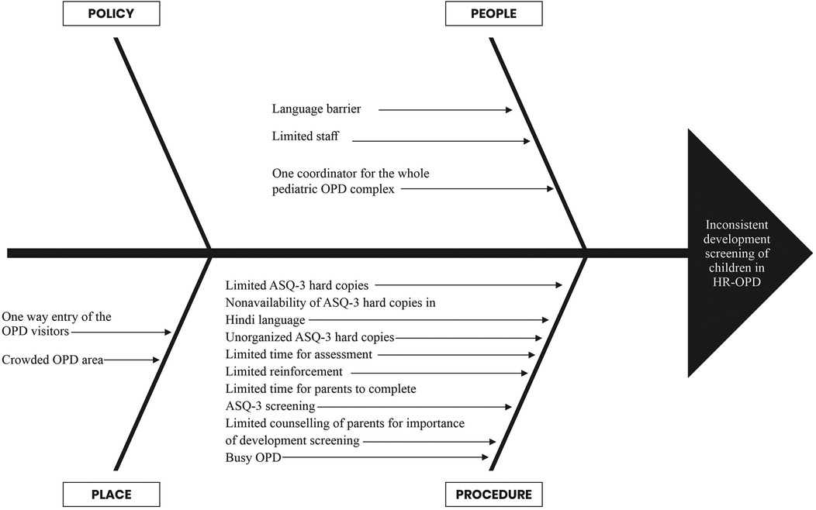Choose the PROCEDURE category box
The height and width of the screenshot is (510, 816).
pyautogui.click(x=493, y=494)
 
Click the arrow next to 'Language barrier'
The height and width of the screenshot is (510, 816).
pyautogui.click(x=445, y=111)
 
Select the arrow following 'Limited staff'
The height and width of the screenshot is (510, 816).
pyautogui.click(x=440, y=141)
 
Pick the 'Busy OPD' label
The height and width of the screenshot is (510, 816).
pyautogui.click(x=253, y=459)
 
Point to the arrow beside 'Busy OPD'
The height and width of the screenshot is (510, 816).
pyautogui.click(x=385, y=459)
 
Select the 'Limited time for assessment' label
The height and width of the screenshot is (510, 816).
pyautogui.click(x=298, y=354)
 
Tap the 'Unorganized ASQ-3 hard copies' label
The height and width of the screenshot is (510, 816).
pyautogui.click(x=309, y=337)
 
